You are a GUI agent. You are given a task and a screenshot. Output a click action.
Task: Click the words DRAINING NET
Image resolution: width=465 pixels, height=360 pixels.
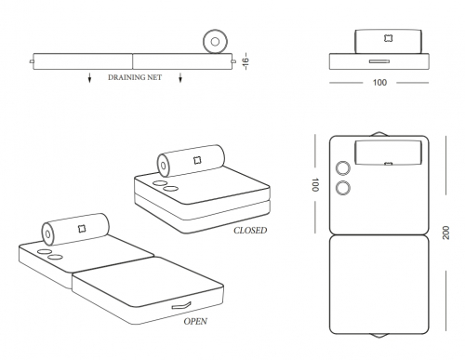[x=135, y=77]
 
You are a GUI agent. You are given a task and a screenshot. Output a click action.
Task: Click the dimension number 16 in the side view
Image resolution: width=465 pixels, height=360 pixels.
[x=246, y=61]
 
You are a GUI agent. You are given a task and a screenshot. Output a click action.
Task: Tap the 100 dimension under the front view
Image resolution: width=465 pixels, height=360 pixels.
[x=379, y=83]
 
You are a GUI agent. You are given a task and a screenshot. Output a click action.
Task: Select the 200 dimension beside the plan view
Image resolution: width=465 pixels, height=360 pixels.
[x=445, y=233]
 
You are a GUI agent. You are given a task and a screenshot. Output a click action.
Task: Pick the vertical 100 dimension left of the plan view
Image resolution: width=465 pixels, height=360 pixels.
[x=314, y=184]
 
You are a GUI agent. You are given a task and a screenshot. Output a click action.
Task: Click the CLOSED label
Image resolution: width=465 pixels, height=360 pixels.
[x=250, y=231]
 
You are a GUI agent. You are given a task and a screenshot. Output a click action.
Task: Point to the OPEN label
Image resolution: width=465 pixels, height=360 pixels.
[x=195, y=321]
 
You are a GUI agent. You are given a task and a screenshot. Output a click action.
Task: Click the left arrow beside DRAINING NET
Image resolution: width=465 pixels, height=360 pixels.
[x=89, y=77]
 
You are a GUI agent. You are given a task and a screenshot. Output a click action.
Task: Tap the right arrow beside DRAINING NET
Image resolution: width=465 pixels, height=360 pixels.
[x=180, y=77]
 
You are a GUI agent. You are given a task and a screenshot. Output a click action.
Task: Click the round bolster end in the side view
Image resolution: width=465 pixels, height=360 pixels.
[x=215, y=41]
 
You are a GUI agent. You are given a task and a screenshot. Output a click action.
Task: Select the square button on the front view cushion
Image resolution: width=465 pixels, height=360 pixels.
[x=388, y=38]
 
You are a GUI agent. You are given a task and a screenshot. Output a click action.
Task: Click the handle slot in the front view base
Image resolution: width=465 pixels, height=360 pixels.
[x=379, y=61]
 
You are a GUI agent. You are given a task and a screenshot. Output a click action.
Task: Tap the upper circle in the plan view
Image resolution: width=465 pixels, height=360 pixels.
[x=343, y=168]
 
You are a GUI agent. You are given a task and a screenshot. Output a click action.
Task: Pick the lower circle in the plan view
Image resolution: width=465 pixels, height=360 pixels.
[x=343, y=188]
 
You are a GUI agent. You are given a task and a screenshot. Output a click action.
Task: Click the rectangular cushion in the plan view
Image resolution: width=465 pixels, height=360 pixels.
[x=388, y=153]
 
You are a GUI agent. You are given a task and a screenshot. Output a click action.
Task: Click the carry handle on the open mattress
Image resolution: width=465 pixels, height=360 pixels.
[x=181, y=305]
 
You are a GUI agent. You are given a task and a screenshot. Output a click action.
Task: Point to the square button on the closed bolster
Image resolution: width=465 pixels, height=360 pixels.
[x=197, y=160]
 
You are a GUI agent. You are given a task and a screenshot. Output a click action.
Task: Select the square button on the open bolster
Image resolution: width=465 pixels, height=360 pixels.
[x=82, y=229]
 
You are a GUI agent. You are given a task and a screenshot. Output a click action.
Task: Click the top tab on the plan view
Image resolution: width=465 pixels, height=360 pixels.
[x=379, y=134]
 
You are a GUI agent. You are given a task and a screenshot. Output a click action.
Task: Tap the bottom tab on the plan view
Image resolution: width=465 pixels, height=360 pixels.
[x=379, y=336]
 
